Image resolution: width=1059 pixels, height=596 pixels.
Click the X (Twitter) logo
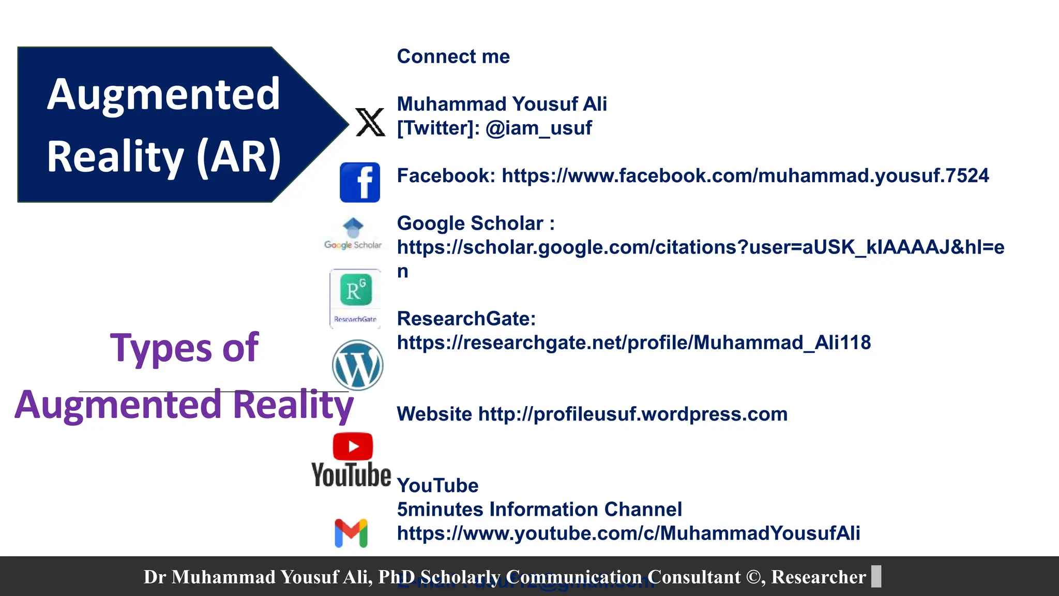370,122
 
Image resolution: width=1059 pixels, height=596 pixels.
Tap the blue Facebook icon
360,182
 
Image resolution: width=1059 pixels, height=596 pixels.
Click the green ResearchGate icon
356,290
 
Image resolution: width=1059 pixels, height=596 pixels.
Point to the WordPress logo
357,365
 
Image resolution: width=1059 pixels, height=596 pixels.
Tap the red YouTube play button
353,446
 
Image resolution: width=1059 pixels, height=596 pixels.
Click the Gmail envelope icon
351,533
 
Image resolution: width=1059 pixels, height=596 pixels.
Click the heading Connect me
453,56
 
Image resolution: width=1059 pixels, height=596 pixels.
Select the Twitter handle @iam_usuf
538,128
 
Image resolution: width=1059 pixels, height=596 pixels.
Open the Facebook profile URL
745,176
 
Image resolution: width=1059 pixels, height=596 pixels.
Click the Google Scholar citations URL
700,247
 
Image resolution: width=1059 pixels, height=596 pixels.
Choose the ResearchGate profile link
633,342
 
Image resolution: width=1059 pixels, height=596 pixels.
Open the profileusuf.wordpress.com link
632,414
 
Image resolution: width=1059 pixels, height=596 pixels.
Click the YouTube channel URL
628,533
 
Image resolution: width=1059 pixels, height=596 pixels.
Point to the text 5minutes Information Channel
539,509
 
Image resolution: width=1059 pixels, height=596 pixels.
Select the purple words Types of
184,348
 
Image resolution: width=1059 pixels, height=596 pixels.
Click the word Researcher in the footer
818,577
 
